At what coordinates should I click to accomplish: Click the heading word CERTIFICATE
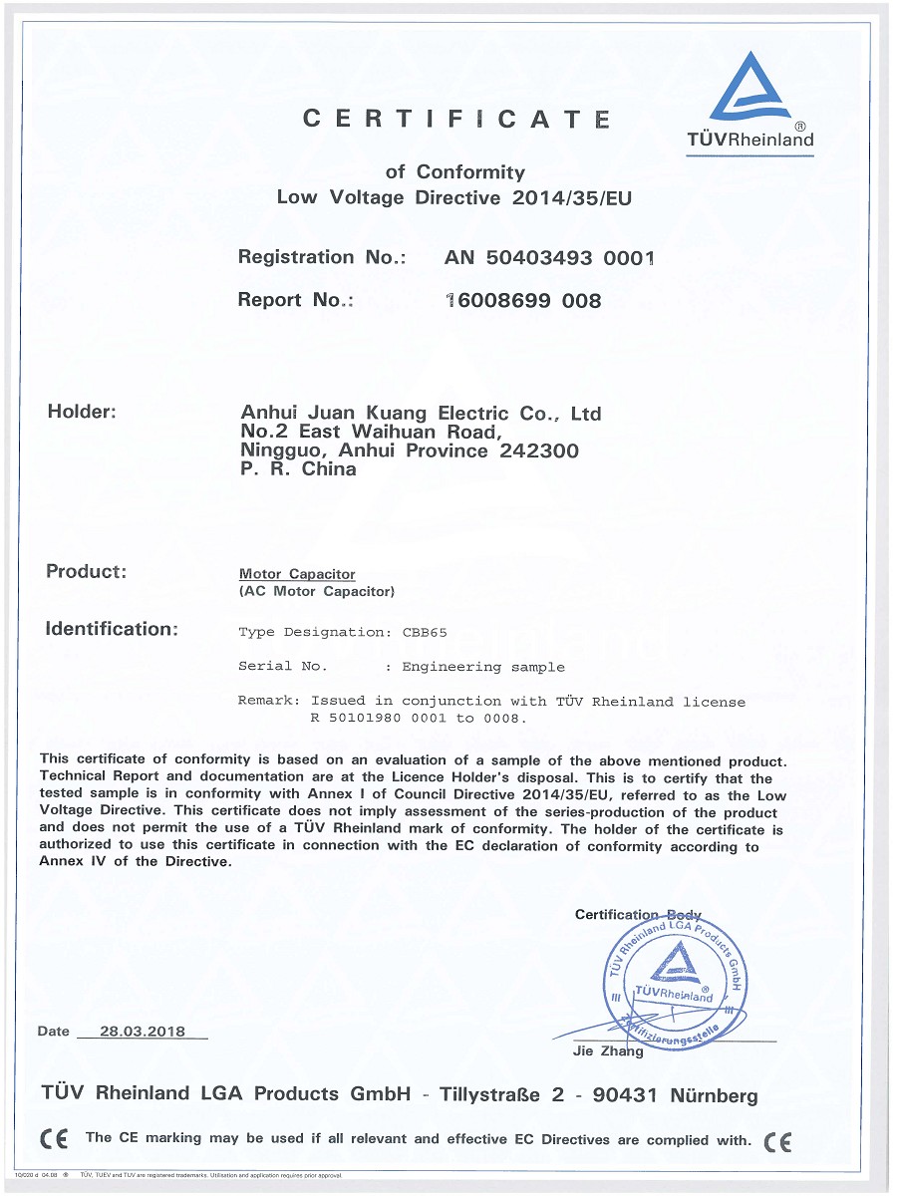click(x=456, y=120)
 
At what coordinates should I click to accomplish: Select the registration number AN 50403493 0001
click(x=549, y=258)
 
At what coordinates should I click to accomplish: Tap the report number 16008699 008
click(x=523, y=300)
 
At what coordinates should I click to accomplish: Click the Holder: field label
click(x=82, y=412)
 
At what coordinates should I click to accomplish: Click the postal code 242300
click(x=538, y=450)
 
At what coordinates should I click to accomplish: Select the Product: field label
click(x=87, y=572)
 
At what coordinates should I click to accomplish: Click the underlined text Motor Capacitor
click(x=297, y=575)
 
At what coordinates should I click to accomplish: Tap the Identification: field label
click(x=112, y=629)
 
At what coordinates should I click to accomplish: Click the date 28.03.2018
click(x=143, y=1032)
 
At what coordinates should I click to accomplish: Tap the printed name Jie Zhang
click(x=608, y=1051)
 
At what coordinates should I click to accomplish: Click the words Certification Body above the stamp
click(x=638, y=915)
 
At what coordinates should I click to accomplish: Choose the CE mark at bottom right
click(x=777, y=1141)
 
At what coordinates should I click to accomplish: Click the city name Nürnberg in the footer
click(x=714, y=1096)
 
